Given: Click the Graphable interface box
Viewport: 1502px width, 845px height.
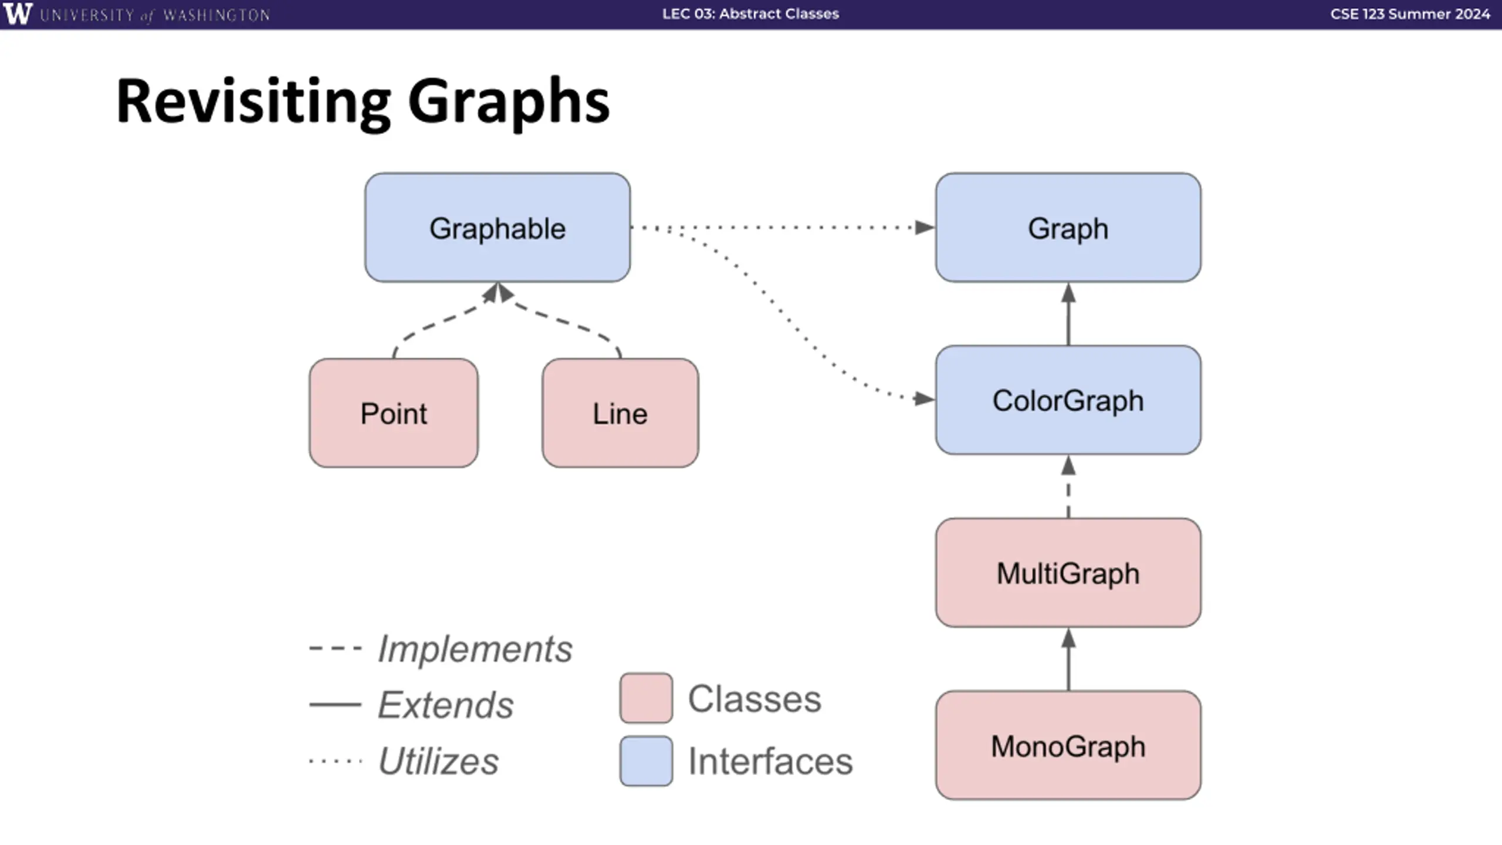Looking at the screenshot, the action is (x=498, y=228).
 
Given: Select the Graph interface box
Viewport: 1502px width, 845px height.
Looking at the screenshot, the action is (x=1068, y=228).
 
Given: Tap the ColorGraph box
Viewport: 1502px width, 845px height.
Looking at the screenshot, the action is (x=1068, y=400).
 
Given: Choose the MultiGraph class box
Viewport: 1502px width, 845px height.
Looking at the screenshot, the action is (x=1068, y=573).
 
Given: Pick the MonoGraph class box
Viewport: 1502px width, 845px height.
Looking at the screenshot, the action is (x=1068, y=745).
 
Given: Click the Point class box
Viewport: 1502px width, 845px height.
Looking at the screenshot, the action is (x=394, y=413).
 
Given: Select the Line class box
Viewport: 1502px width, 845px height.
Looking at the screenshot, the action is (x=620, y=413).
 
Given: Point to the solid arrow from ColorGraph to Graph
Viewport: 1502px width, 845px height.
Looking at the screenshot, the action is (x=1068, y=314).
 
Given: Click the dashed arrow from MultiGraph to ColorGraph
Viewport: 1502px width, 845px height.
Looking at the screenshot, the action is (x=1068, y=486).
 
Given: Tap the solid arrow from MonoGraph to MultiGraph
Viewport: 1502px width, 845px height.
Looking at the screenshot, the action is (x=1068, y=659).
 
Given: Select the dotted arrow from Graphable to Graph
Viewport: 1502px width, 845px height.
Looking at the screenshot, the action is (x=783, y=227).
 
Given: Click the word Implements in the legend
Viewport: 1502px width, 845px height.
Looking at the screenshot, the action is (x=475, y=650).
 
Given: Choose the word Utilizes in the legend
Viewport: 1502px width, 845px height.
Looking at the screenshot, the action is (x=439, y=761).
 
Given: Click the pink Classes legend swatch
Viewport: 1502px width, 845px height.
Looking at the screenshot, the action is (x=646, y=698).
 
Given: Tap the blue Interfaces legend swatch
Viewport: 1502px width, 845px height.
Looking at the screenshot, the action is (x=646, y=760).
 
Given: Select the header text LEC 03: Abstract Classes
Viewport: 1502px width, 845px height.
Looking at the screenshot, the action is (x=750, y=13).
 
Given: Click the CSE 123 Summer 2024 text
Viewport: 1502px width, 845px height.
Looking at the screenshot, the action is (x=1410, y=13).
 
